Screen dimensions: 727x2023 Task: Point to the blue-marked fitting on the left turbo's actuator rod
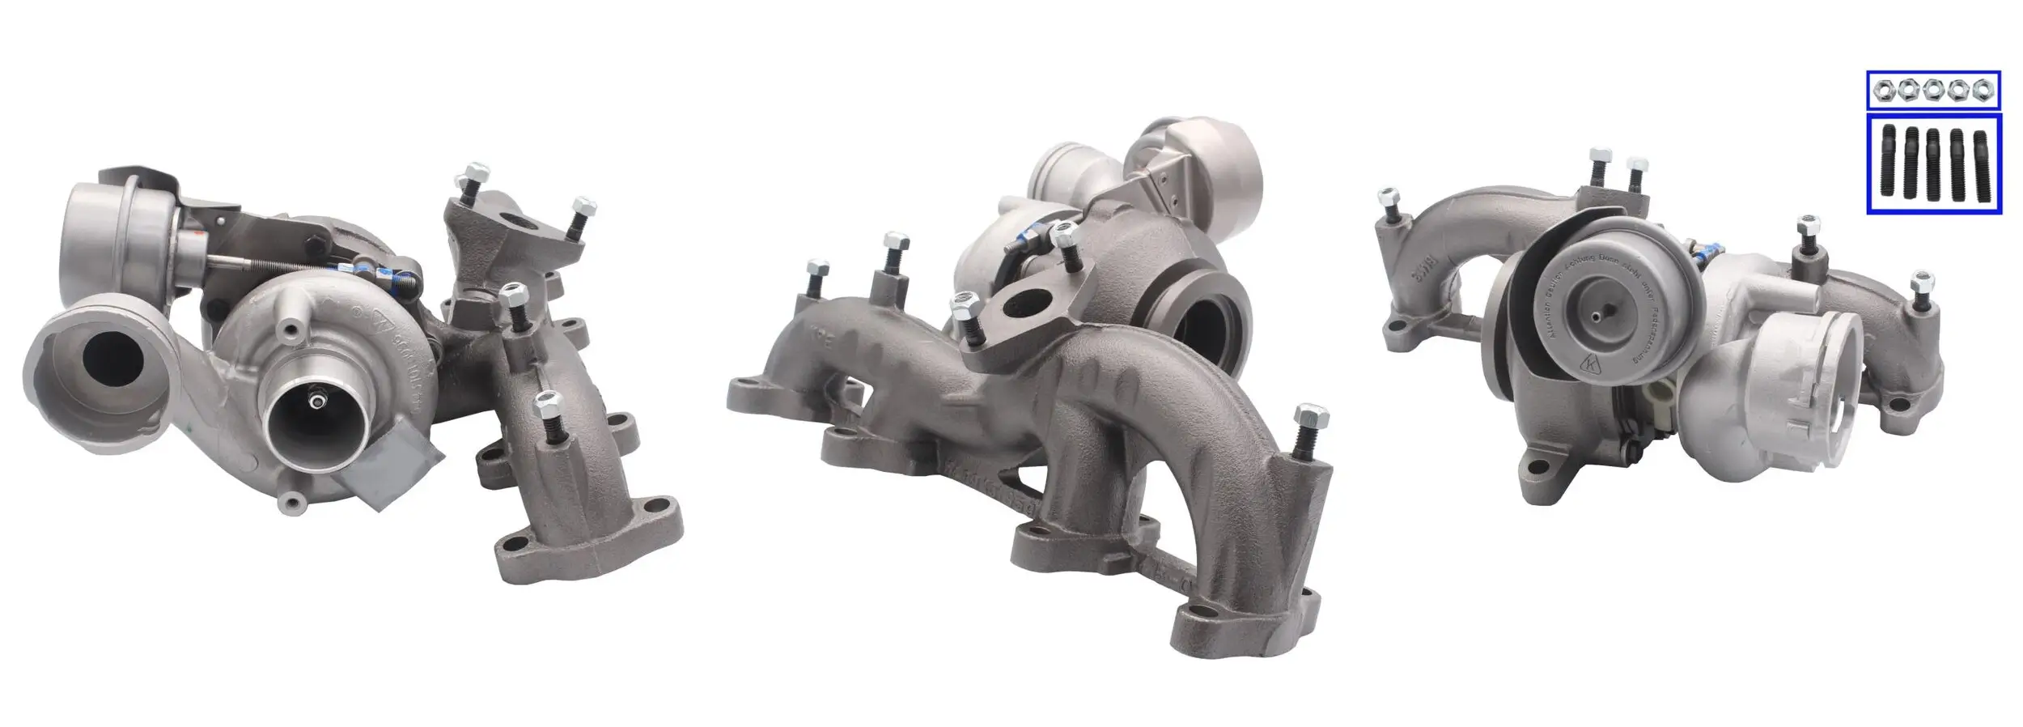(396, 278)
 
